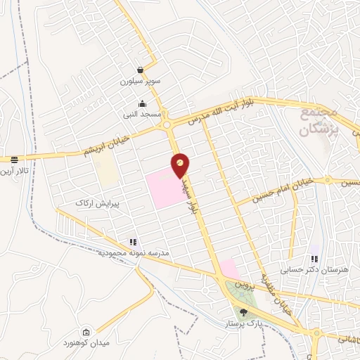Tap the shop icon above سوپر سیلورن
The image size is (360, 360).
(x=141, y=70)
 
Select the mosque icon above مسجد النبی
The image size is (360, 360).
(x=143, y=103)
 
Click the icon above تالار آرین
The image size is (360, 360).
(x=14, y=160)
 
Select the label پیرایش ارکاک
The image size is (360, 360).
(x=94, y=202)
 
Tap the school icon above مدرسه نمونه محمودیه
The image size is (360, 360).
(x=134, y=242)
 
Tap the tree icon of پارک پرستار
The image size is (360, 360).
(x=243, y=312)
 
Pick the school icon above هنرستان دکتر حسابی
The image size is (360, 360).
(x=314, y=258)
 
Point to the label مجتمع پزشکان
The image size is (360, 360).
(x=319, y=122)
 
